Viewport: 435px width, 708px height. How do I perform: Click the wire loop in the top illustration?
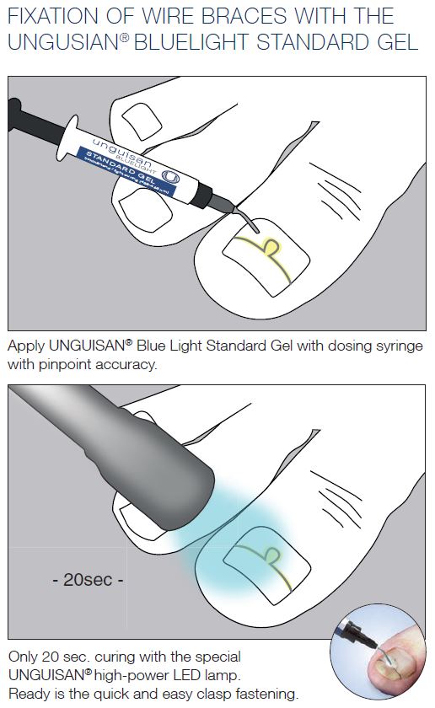(271, 245)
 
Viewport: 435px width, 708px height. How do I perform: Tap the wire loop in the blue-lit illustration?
(271, 554)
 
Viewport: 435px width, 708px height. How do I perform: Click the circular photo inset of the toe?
(384, 652)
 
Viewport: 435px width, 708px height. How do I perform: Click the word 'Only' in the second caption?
(23, 657)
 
